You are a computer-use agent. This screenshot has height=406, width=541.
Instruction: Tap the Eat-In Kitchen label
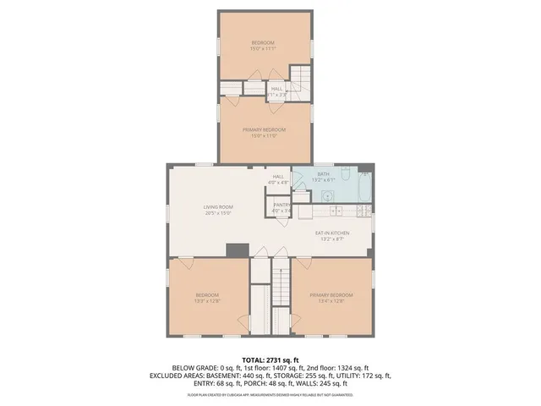coord(332,233)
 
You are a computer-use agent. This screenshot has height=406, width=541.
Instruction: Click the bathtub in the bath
coord(363,186)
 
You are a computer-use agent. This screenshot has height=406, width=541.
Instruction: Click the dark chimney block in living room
coord(238,250)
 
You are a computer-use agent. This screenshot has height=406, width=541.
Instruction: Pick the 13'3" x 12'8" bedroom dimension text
coord(208,300)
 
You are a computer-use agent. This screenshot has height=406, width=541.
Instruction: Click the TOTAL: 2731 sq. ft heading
coord(270,359)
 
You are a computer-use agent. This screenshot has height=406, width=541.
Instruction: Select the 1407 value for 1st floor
coord(279,368)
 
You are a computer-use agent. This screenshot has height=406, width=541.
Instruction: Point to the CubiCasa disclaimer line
coord(270,394)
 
